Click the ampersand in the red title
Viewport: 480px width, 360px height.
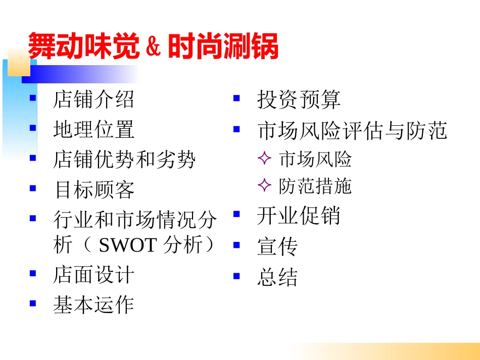point(153,47)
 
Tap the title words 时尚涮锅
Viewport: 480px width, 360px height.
point(223,47)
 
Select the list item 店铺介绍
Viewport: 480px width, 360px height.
point(94,99)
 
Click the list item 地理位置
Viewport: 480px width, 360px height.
point(94,130)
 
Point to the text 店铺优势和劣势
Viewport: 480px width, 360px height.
point(124,160)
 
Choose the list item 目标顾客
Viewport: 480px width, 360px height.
point(94,190)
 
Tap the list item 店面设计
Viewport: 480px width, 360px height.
point(94,275)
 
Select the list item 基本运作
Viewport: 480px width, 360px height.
point(94,305)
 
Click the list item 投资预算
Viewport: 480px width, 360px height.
point(299,99)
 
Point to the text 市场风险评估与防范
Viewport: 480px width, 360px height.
point(352,130)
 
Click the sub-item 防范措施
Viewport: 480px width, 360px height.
point(315,186)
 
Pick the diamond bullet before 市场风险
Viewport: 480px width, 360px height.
point(264,160)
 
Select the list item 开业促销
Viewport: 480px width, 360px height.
point(299,216)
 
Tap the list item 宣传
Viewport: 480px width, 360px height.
point(277,247)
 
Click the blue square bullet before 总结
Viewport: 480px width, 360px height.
point(236,276)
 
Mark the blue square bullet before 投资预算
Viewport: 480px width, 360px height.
point(236,98)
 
